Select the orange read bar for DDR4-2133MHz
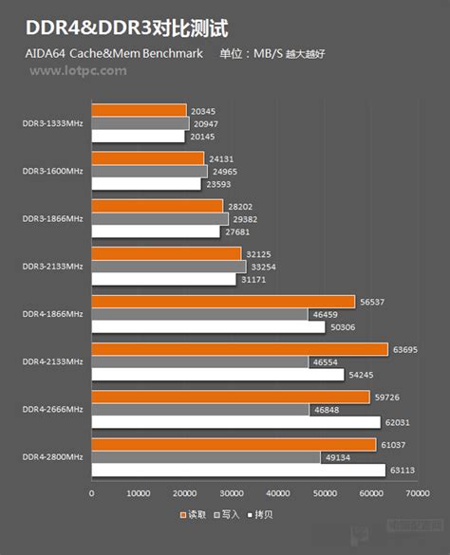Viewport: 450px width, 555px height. (239, 349)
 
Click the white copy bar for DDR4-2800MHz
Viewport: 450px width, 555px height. (238, 470)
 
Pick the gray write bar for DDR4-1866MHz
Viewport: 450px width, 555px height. (199, 314)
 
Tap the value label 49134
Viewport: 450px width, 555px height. (337, 457)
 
